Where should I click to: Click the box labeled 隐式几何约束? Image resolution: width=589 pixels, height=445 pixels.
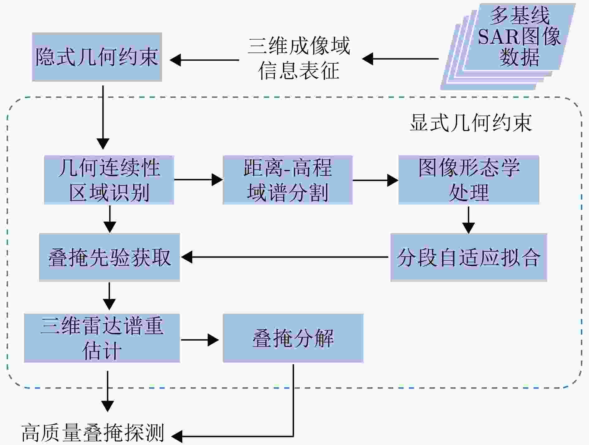pyautogui.click(x=97, y=57)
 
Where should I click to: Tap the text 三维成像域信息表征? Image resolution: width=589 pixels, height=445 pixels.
pyautogui.click(x=299, y=58)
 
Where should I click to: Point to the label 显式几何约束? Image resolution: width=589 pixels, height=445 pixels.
pyautogui.click(x=471, y=123)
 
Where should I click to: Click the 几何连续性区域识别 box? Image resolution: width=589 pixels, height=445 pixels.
pyautogui.click(x=109, y=180)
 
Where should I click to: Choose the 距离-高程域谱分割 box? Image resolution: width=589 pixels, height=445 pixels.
pyautogui.click(x=287, y=180)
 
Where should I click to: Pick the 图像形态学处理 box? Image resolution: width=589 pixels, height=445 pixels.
pyautogui.click(x=469, y=180)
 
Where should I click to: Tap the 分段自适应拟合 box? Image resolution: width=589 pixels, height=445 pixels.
pyautogui.click(x=469, y=257)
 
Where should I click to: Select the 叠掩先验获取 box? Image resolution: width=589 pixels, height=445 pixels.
pyautogui.click(x=109, y=257)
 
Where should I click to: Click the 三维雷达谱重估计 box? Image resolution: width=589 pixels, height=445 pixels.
pyautogui.click(x=102, y=338)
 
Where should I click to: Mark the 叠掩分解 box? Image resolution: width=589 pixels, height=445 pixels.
pyautogui.click(x=293, y=338)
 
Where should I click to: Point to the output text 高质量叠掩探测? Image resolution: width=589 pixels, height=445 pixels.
pyautogui.click(x=93, y=433)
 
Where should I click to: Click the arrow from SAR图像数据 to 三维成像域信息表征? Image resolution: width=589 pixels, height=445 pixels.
pyautogui.click(x=400, y=59)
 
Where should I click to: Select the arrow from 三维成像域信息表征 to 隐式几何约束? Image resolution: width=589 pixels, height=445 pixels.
pyautogui.click(x=204, y=60)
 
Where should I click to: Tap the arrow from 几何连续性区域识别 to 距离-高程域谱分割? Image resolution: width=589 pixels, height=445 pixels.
pyautogui.click(x=198, y=180)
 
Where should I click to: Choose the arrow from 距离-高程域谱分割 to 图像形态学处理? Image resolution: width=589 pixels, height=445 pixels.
pyautogui.click(x=375, y=180)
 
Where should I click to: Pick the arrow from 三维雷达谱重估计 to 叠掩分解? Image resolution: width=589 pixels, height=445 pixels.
pyautogui.click(x=200, y=340)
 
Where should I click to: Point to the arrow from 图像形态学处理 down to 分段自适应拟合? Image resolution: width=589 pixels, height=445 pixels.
pyautogui.click(x=468, y=220)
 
